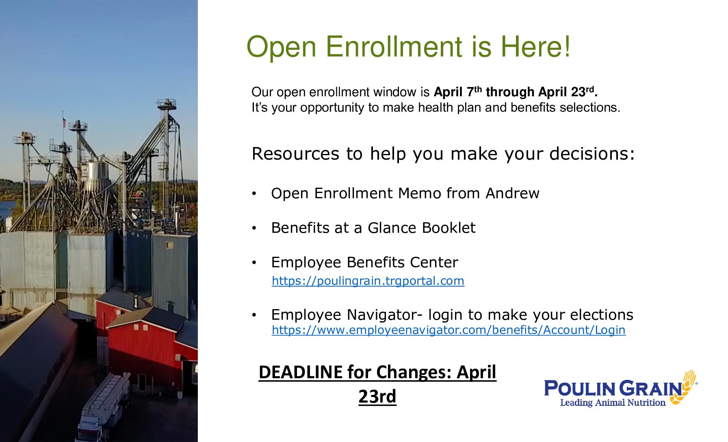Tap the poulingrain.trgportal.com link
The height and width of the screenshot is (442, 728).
(368, 281)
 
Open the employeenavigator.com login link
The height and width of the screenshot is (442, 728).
(448, 330)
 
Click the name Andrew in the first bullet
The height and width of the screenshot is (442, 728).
(512, 193)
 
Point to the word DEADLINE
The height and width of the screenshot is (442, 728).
(301, 372)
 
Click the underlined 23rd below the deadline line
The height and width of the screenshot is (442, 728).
(377, 396)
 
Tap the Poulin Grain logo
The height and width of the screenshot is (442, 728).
(621, 388)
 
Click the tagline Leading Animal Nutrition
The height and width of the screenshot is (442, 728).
(613, 403)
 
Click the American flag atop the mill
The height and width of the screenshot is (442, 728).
(64, 122)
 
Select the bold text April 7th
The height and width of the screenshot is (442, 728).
(458, 92)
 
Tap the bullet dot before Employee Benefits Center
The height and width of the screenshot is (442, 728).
(254, 263)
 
